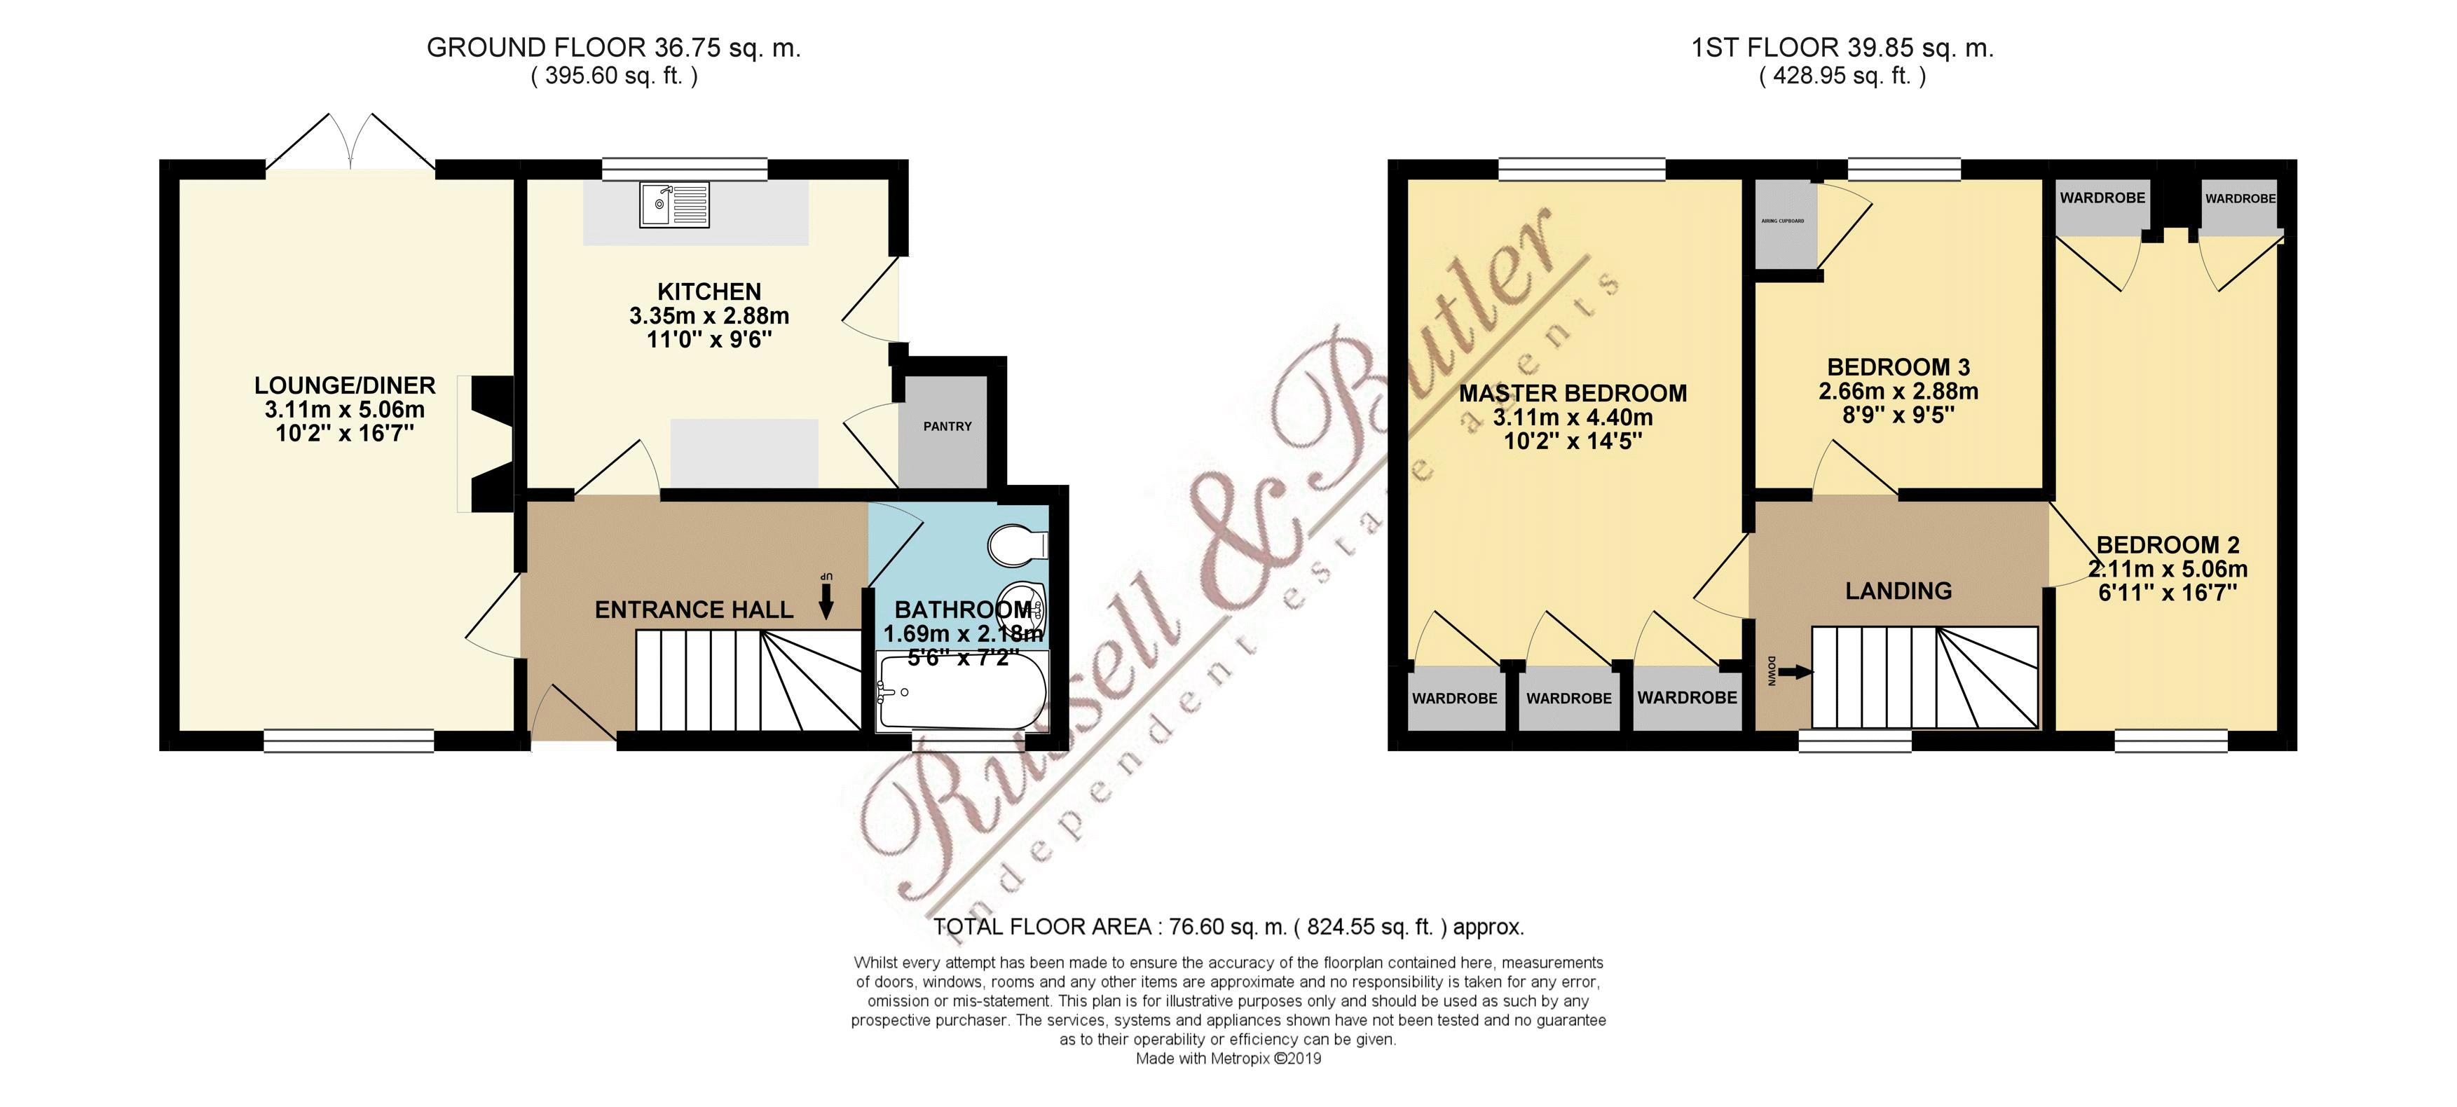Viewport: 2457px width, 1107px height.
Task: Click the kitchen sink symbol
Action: [x=674, y=204]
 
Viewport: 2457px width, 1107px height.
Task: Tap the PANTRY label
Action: [x=947, y=426]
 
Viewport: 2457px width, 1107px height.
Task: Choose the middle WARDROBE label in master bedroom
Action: [x=1569, y=698]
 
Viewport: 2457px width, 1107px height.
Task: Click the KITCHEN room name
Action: [x=709, y=291]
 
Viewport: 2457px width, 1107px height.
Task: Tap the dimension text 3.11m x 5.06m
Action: [x=344, y=410]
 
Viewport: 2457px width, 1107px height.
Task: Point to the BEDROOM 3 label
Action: [x=1898, y=367]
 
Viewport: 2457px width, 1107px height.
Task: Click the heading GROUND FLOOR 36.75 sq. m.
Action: [x=613, y=48]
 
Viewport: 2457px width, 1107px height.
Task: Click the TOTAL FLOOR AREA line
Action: [x=1228, y=926]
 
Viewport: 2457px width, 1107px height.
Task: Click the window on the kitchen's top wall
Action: [x=684, y=170]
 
